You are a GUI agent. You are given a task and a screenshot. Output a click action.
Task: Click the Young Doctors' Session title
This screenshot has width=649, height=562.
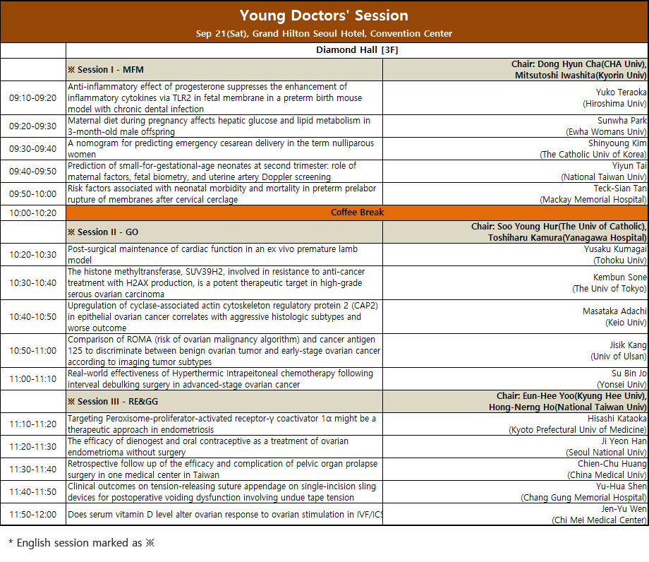324,15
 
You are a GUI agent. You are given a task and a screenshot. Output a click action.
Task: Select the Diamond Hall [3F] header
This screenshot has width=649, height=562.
357,50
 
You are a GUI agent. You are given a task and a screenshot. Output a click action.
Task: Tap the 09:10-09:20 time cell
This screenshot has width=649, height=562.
32,98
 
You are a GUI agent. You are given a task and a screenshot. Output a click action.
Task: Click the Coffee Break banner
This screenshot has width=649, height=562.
357,213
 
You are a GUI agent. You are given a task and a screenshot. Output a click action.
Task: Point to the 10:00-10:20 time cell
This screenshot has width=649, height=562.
32,213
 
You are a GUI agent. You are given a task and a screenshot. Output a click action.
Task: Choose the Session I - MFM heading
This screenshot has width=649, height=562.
105,70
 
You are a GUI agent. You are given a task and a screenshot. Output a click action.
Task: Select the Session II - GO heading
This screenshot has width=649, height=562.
103,232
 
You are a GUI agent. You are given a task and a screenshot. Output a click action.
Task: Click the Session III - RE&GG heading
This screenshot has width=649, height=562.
111,402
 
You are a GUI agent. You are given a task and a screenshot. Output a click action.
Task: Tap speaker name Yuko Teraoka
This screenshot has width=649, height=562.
621,92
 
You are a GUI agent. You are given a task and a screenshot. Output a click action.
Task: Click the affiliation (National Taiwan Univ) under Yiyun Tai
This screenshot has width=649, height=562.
604,177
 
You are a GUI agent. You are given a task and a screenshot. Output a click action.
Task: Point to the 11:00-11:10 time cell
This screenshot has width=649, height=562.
32,379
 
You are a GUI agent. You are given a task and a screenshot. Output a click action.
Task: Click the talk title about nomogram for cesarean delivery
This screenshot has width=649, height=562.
221,148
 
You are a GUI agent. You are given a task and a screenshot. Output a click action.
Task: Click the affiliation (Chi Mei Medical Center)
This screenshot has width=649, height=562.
599,520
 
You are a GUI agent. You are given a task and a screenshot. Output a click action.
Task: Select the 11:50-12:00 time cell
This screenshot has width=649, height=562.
32,515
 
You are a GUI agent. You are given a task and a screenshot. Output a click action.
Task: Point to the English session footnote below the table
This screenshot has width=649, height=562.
80,543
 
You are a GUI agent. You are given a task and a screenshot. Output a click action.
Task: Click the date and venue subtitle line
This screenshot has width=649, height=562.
324,33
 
